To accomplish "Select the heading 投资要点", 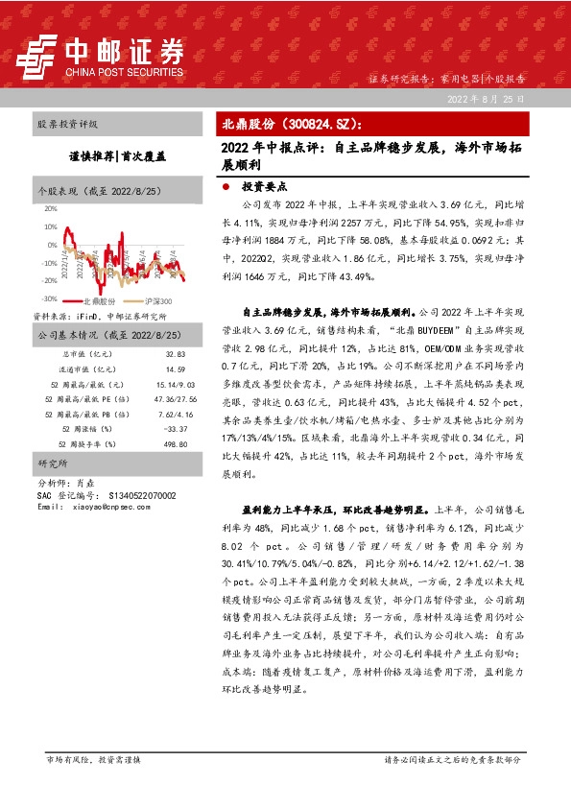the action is click(x=264, y=189).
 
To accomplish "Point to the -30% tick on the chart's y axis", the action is click(x=48, y=297).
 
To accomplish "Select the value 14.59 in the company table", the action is click(x=175, y=368).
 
